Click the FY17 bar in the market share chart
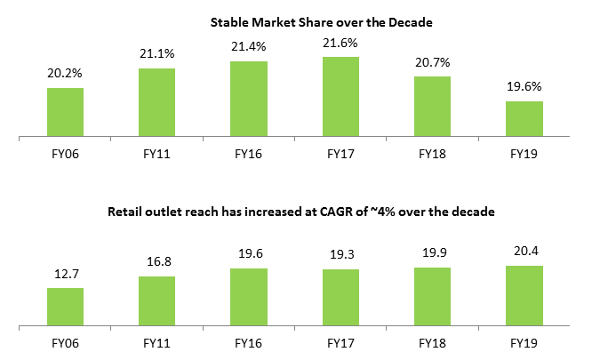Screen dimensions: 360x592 point(340,97)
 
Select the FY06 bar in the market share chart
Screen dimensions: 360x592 point(65,112)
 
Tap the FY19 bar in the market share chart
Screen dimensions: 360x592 point(524,119)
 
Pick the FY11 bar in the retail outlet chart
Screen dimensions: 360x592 point(157,301)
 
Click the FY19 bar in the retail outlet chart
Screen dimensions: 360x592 point(524,296)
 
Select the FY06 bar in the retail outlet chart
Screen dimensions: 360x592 point(65,307)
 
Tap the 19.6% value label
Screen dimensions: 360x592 point(525,88)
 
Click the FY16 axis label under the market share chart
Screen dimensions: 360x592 point(250,153)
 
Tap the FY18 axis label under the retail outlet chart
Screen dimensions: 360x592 point(433,341)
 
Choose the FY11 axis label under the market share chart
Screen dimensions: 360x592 point(157,153)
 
